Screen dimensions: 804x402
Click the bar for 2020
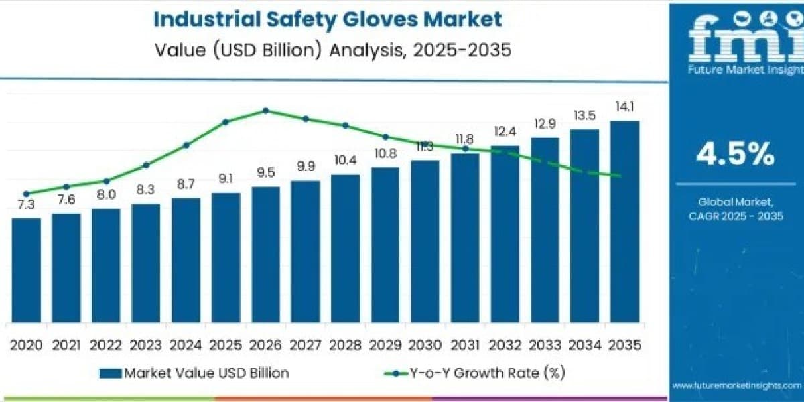[26, 270]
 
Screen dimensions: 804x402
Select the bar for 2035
[624, 222]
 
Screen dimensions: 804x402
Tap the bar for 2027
[306, 251]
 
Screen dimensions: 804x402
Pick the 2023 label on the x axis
[146, 345]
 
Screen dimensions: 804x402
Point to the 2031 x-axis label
[465, 345]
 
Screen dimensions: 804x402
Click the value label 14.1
[625, 107]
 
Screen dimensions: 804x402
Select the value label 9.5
[266, 173]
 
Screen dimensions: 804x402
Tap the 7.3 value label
[26, 204]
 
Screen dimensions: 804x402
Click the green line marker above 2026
[265, 111]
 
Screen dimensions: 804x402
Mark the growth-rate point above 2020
[26, 194]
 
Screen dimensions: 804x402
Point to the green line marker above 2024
[186, 145]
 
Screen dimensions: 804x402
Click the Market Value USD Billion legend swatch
[111, 373]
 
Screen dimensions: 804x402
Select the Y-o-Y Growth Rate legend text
[488, 373]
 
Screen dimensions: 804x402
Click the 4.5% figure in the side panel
[736, 154]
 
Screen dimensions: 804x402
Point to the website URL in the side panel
[736, 386]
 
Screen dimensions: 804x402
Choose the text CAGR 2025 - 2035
[736, 216]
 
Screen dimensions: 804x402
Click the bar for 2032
[505, 234]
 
